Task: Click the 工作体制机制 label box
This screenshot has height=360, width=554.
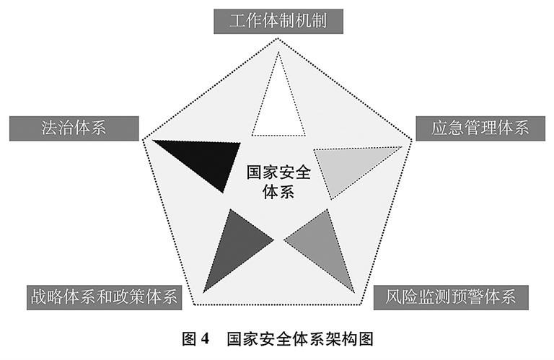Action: (x=278, y=22)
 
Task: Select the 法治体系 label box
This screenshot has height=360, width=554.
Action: (x=74, y=128)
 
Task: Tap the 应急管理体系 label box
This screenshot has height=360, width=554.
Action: (x=480, y=128)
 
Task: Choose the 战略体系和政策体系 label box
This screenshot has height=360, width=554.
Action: (x=104, y=297)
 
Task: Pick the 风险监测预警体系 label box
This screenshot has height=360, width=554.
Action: (x=451, y=297)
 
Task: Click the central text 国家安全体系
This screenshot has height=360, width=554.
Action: (x=278, y=183)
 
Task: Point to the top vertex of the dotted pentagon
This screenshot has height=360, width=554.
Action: (x=278, y=38)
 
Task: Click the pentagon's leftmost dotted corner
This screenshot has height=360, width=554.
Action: (x=143, y=139)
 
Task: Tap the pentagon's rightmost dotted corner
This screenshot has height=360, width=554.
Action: (x=413, y=139)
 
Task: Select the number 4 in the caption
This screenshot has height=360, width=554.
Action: (x=205, y=340)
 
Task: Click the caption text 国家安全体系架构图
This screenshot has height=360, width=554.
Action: (x=300, y=340)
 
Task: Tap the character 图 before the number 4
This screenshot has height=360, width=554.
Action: (x=189, y=340)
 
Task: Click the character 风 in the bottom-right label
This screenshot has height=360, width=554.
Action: (x=393, y=297)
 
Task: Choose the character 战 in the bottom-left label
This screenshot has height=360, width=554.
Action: (x=38, y=297)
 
